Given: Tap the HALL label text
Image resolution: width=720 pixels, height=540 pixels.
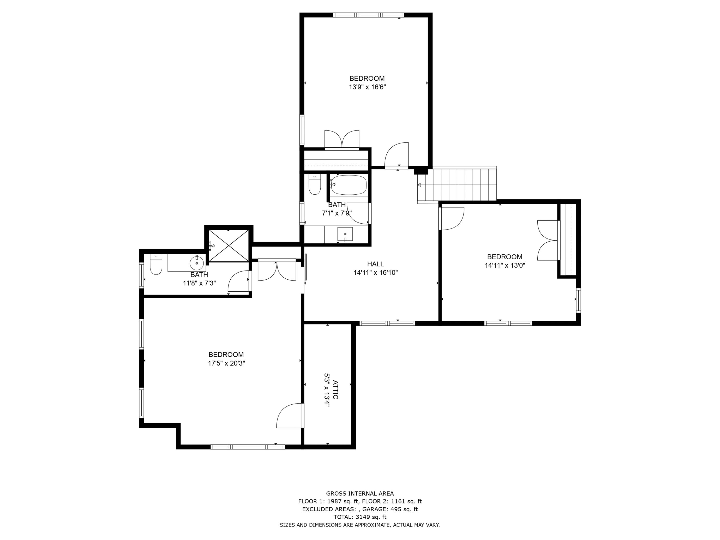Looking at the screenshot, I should [375, 264].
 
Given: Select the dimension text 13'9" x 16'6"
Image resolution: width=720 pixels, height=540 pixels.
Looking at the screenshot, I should [367, 87].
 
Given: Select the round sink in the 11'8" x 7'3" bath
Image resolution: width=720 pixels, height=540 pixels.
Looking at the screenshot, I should [197, 262].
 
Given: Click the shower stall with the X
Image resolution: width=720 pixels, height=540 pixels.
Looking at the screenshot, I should [228, 246].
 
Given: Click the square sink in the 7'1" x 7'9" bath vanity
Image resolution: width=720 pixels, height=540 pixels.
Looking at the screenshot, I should [345, 234].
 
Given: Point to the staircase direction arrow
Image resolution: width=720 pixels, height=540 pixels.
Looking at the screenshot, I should [419, 185].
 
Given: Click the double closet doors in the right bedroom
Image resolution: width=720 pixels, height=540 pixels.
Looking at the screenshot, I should [547, 240].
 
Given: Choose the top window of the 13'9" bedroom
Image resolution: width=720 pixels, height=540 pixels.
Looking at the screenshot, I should [368, 15].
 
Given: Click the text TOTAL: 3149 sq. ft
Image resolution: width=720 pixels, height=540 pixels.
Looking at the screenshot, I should [360, 517].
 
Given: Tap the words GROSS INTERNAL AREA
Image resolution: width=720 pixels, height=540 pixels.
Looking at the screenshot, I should [360, 493].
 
